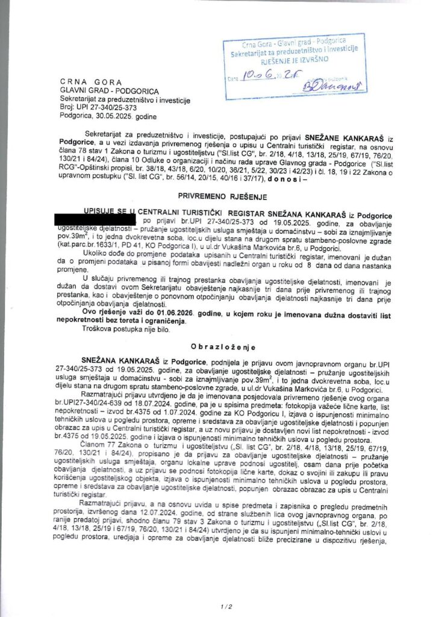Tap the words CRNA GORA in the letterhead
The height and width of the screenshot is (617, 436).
pos(91,81)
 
